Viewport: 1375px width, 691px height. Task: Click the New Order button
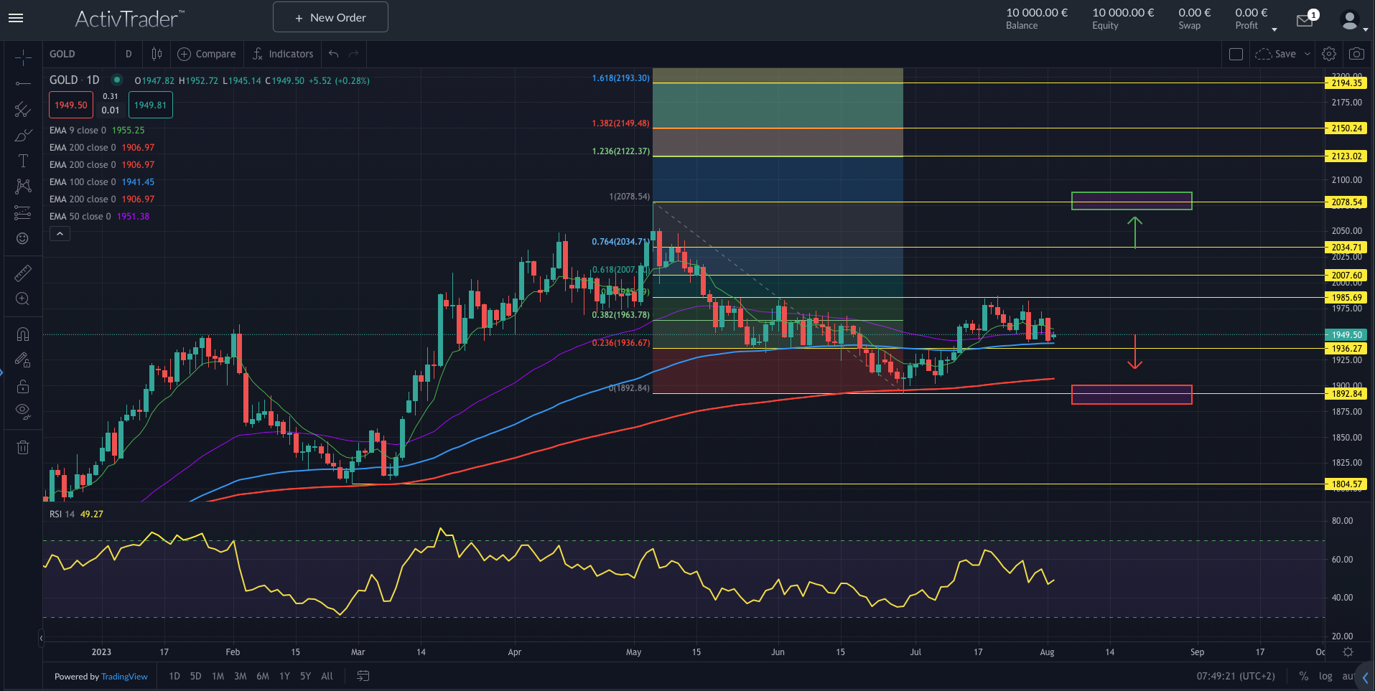tap(330, 17)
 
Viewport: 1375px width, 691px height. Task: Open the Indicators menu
tap(283, 54)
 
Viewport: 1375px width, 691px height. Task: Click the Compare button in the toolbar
tap(207, 54)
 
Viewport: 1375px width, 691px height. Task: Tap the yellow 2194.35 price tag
tap(1346, 83)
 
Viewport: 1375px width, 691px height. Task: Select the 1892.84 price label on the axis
tap(1346, 394)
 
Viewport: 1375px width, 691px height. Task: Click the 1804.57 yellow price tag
tap(1346, 484)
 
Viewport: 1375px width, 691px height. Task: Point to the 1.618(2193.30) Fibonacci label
tap(620, 78)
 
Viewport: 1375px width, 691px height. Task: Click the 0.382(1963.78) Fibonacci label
tap(620, 315)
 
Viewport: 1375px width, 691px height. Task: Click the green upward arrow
tap(1134, 232)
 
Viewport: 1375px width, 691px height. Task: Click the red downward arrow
tap(1134, 352)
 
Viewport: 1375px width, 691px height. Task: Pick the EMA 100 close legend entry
tap(101, 182)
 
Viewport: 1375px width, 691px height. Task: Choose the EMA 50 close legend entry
tap(99, 217)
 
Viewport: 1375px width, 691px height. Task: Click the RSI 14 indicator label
tap(62, 514)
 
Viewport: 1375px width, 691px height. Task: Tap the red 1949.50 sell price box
tap(71, 105)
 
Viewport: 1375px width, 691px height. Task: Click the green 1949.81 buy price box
tap(150, 105)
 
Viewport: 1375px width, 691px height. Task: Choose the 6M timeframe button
tap(263, 676)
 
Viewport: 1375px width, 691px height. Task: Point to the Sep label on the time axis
tap(1197, 652)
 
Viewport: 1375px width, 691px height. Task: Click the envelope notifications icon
tap(1305, 21)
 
